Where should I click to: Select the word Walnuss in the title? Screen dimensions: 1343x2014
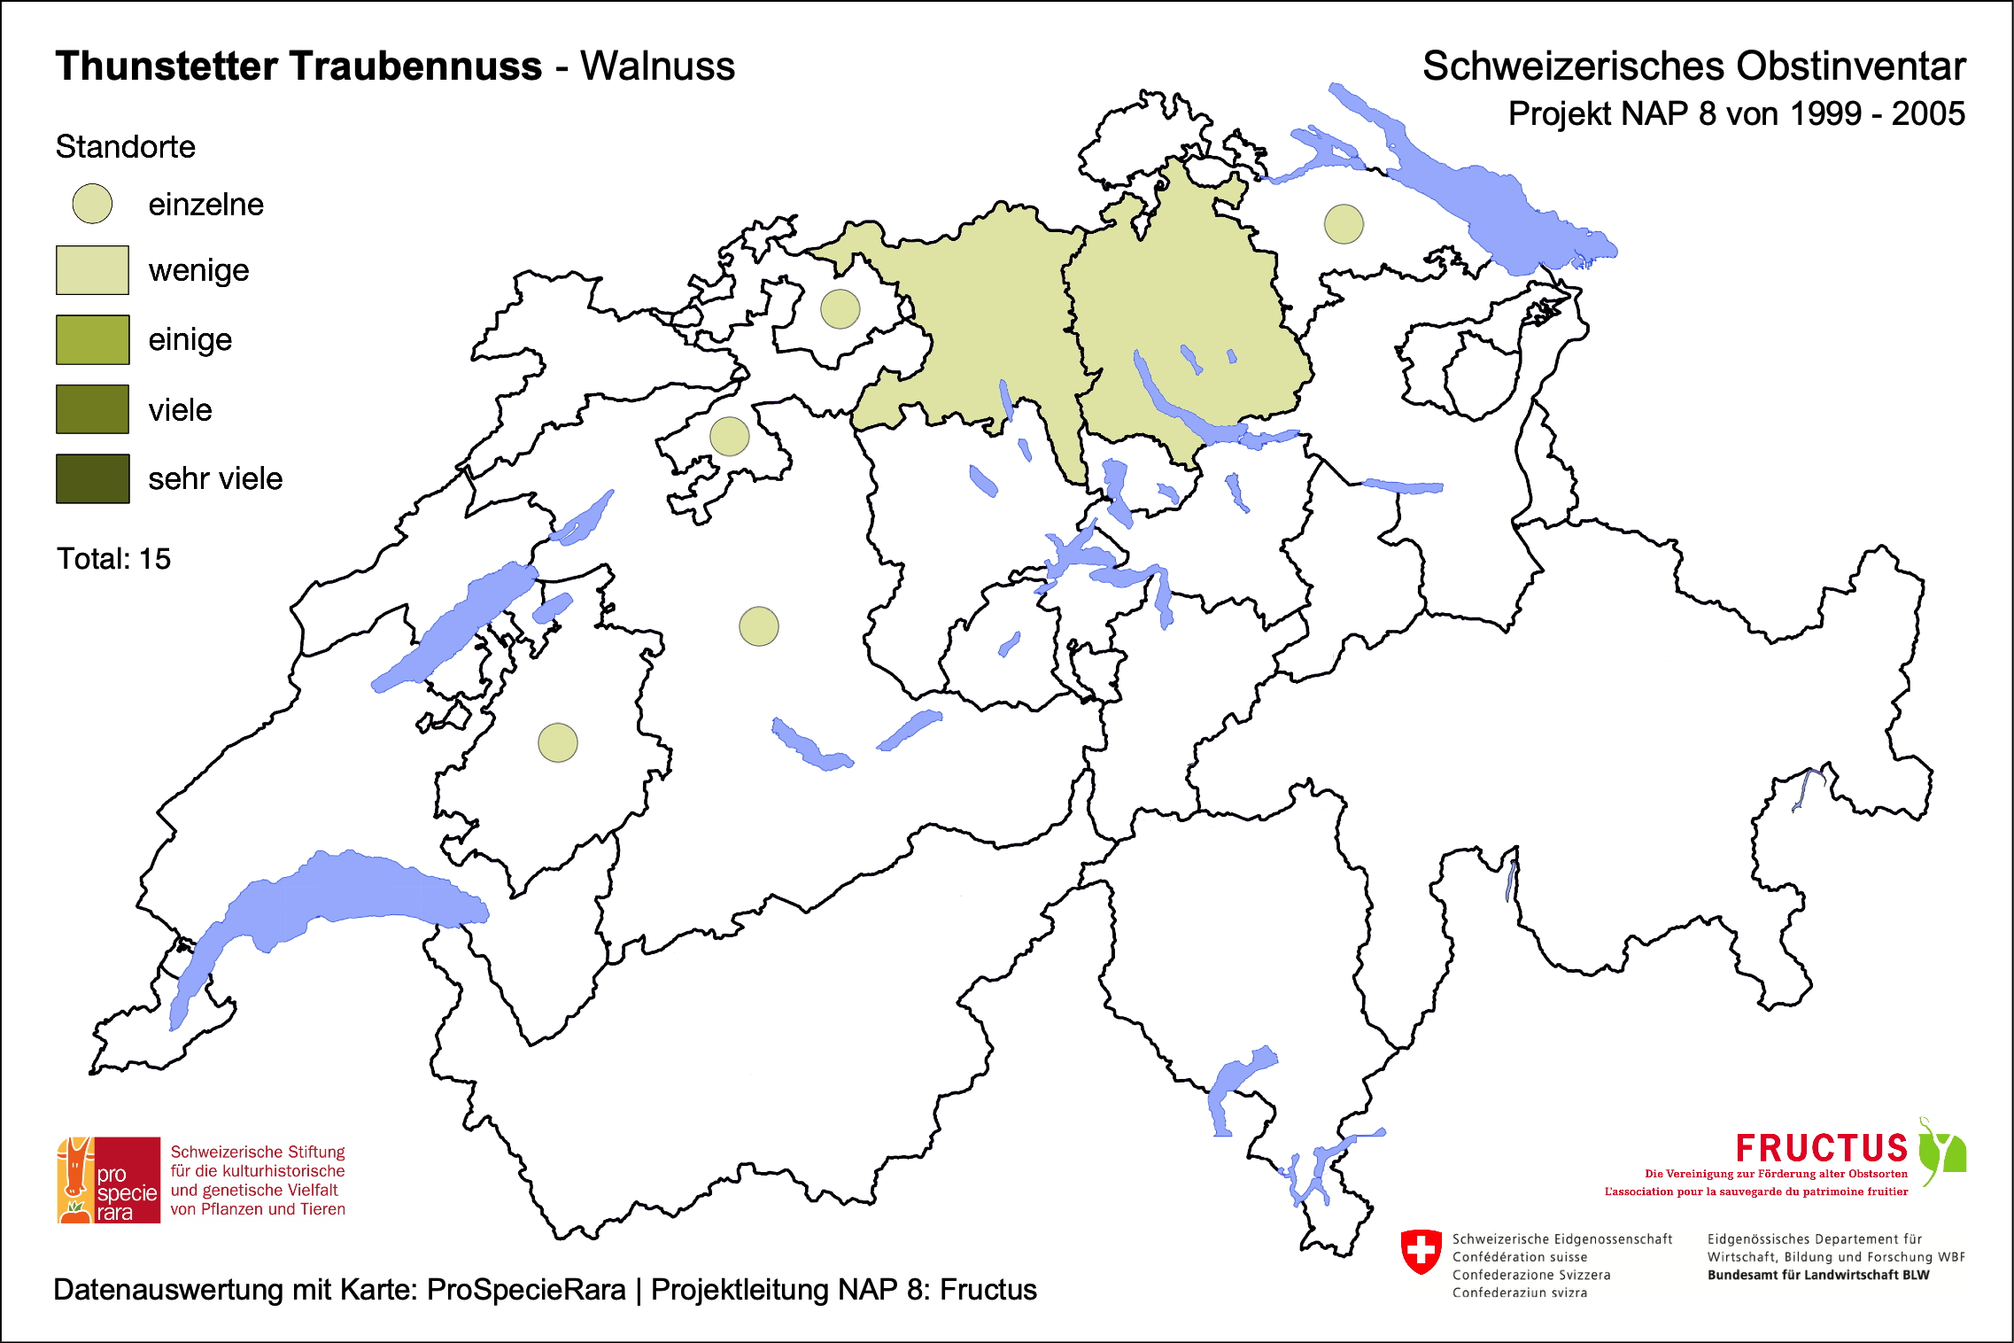pyautogui.click(x=657, y=66)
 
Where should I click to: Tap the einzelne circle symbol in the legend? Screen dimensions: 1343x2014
pyautogui.click(x=92, y=204)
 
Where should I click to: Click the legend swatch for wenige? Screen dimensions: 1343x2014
pyautogui.click(x=92, y=270)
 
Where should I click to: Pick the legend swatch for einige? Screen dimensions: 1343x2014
pyautogui.click(x=92, y=339)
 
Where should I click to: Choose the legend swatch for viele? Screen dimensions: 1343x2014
pyautogui.click(x=92, y=409)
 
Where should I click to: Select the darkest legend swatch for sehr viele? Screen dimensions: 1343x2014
pyautogui.click(x=92, y=478)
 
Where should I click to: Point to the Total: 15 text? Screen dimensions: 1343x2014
pyautogui.click(x=113, y=559)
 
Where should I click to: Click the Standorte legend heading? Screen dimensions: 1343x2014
pyautogui.click(x=125, y=147)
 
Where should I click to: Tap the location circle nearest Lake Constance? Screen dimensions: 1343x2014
pyautogui.click(x=1344, y=224)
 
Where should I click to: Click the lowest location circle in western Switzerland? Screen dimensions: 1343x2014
pyautogui.click(x=558, y=742)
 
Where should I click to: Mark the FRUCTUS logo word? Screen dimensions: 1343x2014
pyautogui.click(x=1821, y=1149)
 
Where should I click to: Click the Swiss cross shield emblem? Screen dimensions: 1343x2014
pyautogui.click(x=1421, y=1252)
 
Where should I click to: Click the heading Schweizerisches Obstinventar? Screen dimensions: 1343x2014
pyautogui.click(x=1693, y=66)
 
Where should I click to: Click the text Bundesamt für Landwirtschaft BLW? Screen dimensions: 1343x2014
pyautogui.click(x=1817, y=1275)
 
